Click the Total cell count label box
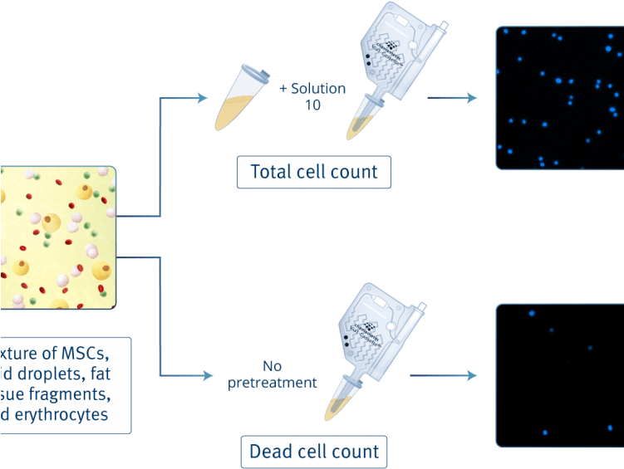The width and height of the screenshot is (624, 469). (x=314, y=173)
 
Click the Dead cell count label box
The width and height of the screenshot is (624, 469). (x=314, y=452)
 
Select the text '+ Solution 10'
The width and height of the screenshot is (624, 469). (x=312, y=95)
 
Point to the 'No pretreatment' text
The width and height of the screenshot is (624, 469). (x=273, y=374)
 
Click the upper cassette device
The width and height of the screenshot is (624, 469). (x=395, y=66)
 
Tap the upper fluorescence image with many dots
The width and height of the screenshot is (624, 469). (x=559, y=98)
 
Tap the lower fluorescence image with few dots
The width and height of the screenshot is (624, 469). (x=559, y=375)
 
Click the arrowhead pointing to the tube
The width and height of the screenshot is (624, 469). (x=202, y=99)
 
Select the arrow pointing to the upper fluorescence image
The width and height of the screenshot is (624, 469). (x=453, y=99)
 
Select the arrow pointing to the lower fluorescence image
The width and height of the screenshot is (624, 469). (x=453, y=375)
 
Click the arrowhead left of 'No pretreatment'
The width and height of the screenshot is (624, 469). (x=205, y=375)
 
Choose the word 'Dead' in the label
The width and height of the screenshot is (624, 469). (x=271, y=452)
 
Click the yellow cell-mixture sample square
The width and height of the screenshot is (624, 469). (x=57, y=237)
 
